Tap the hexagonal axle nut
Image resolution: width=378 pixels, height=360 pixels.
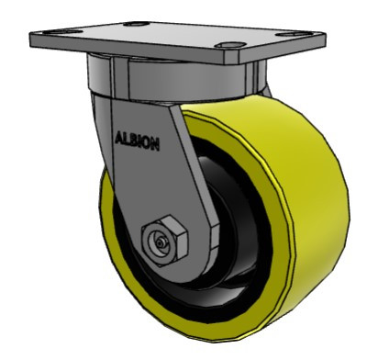click(164, 240)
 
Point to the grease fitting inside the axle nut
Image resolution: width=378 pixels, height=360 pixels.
click(161, 242)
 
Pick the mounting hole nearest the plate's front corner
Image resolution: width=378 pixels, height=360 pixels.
click(229, 45)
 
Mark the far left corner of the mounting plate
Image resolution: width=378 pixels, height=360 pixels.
click(33, 39)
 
